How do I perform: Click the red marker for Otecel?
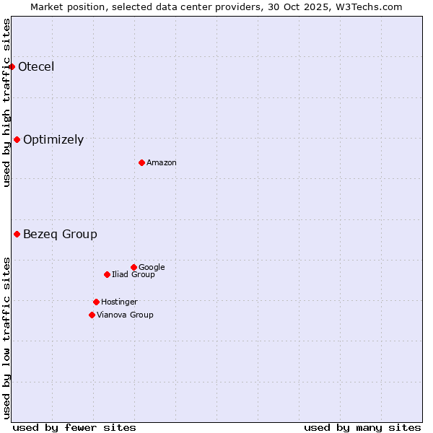click(12, 67)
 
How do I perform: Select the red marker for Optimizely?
click(17, 140)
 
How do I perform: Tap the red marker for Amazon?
click(141, 162)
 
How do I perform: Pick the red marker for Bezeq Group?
click(17, 234)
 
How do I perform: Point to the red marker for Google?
click(134, 267)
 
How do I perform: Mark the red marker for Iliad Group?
click(107, 274)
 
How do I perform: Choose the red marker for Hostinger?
click(96, 302)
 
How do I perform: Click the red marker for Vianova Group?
click(92, 315)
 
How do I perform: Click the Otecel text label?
click(36, 67)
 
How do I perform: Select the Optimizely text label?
click(53, 140)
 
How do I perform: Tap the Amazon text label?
click(162, 162)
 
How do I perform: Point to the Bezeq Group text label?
click(60, 234)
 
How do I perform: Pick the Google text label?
click(152, 267)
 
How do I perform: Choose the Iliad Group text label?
click(134, 274)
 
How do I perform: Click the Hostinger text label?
click(119, 302)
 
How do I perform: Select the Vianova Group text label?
click(125, 315)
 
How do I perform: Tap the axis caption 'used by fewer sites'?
click(74, 427)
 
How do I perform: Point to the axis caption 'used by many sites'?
click(362, 427)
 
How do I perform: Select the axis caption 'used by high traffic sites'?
click(6, 102)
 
